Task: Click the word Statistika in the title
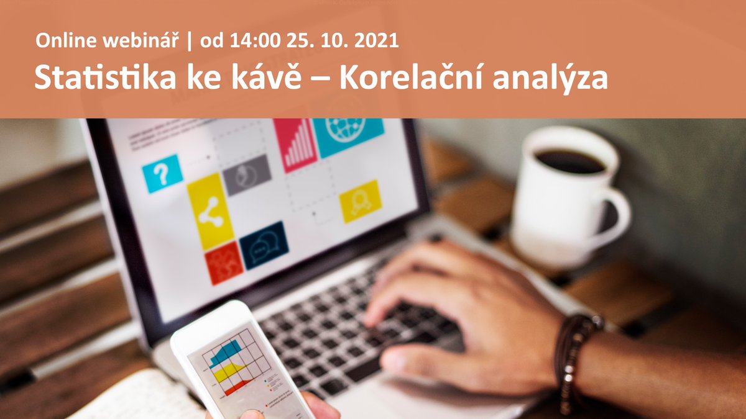coord(101,78)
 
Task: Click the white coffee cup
coord(563,192)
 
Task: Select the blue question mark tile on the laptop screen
coord(162,173)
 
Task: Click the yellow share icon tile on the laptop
coord(210,211)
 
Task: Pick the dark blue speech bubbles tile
coord(264,245)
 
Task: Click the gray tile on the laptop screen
coord(247,174)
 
